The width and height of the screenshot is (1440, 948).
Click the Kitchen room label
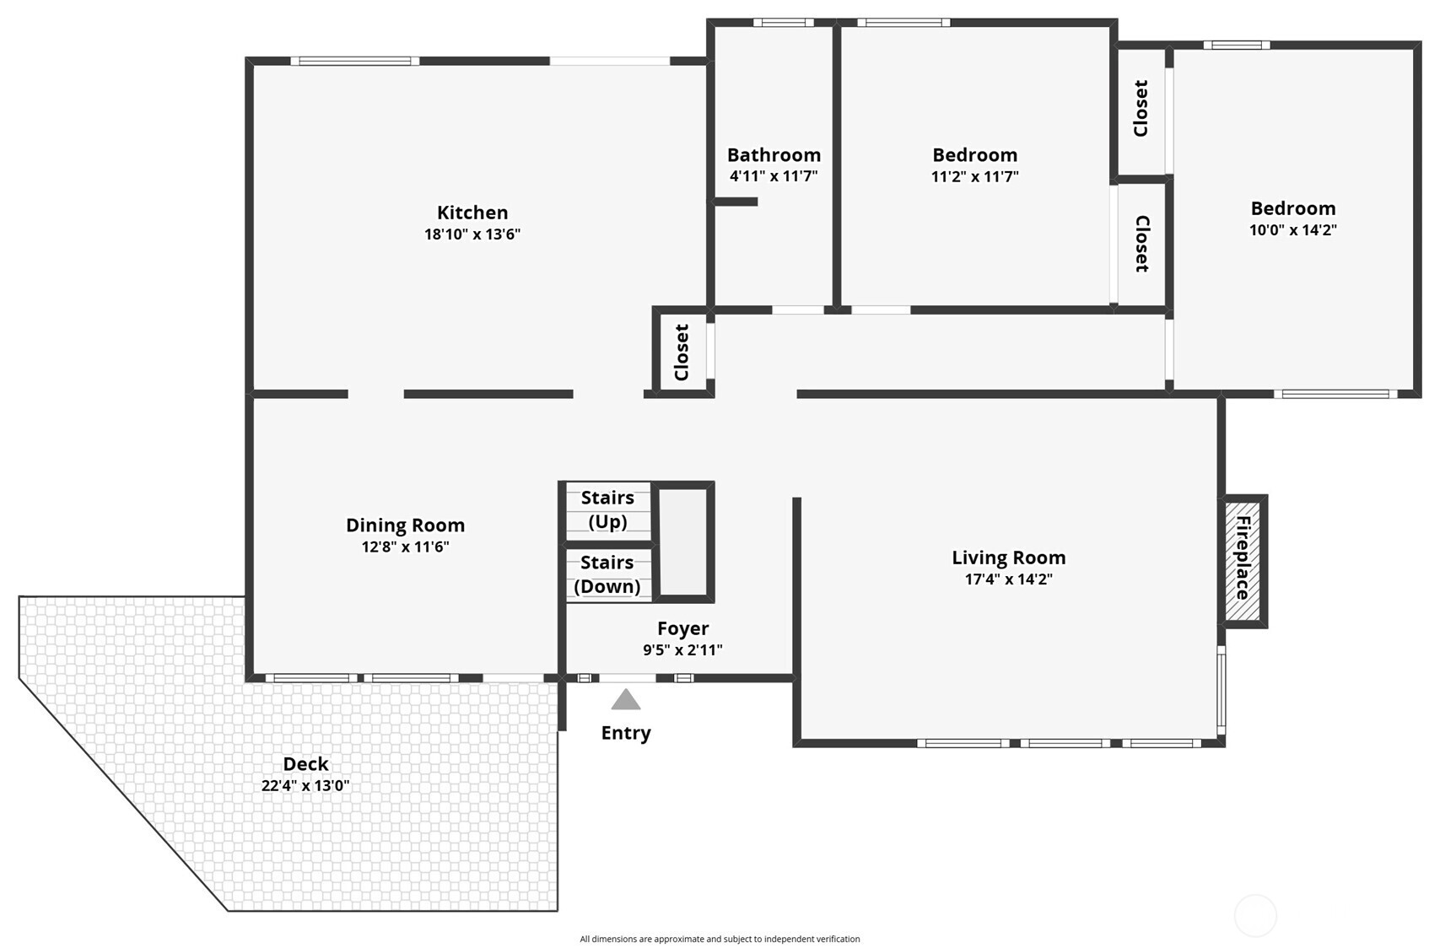point(472,213)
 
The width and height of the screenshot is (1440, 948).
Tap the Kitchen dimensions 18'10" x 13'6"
point(472,234)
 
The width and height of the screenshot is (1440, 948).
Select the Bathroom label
point(774,155)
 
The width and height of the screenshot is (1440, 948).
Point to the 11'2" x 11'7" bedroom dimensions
point(974,177)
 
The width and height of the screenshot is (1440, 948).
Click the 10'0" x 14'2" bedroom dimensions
point(1292,230)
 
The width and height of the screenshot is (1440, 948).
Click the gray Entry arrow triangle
point(626,700)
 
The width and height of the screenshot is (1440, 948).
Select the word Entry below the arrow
point(626,733)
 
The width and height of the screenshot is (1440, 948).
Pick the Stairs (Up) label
point(607,509)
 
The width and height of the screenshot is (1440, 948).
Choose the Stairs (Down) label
point(607,574)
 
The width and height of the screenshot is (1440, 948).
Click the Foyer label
point(682,628)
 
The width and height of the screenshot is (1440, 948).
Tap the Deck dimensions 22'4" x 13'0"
point(305,786)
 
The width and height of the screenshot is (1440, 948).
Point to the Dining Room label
point(405,525)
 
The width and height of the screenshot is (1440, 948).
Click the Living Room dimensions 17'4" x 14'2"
point(1008,579)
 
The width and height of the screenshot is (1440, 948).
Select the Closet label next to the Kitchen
point(682,353)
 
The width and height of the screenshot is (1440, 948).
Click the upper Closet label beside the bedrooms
point(1141,109)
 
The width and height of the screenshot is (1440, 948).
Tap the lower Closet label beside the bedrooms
point(1141,245)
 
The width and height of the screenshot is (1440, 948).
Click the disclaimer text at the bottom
point(720,939)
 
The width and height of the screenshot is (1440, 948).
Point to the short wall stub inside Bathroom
point(735,202)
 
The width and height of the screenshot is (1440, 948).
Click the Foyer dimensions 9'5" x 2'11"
point(682,650)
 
